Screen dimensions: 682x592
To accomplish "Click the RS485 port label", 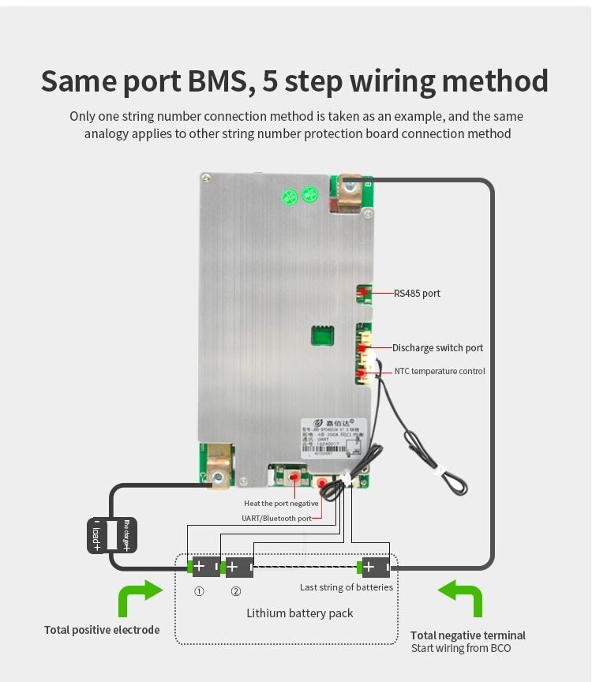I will [417, 294].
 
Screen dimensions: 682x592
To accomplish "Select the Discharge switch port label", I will [437, 348].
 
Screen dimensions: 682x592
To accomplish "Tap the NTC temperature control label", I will [440, 371].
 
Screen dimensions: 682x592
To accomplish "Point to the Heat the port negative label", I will [281, 503].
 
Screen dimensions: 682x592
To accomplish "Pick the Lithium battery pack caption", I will [299, 613].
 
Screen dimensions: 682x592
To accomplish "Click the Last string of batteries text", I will [346, 587].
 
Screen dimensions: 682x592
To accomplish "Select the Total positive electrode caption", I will [102, 630].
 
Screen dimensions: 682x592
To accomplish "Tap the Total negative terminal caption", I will [467, 635].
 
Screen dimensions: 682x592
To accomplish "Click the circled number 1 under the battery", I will [199, 591].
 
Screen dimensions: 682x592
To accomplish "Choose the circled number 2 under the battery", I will [235, 591].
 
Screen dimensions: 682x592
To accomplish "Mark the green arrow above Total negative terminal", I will [461, 598].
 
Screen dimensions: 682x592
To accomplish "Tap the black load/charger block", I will [111, 535].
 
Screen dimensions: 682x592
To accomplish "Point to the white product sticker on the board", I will [334, 438].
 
